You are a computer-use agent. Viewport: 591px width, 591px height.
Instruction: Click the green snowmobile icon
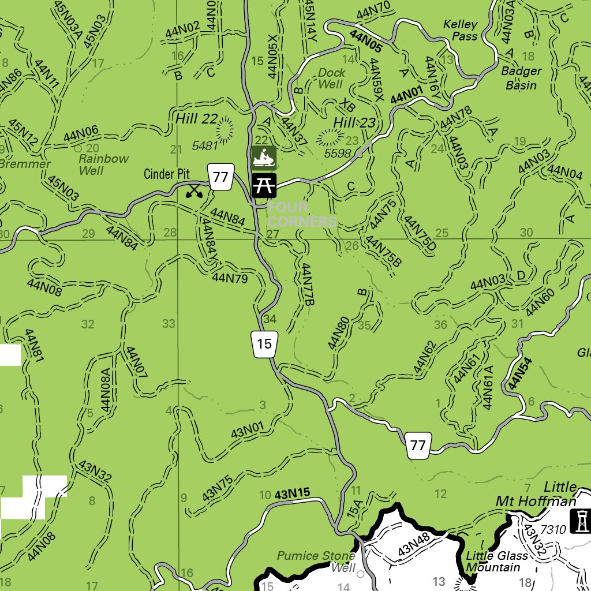tap(264, 158)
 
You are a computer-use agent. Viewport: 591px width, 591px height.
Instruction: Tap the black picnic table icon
tap(264, 185)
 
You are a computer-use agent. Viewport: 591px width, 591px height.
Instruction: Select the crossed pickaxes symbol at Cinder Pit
tap(194, 190)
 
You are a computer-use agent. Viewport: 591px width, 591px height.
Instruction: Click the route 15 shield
tap(264, 344)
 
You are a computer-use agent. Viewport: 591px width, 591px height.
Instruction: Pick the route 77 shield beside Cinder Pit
tap(220, 177)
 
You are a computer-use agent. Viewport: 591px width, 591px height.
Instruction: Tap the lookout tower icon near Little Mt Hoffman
tap(581, 521)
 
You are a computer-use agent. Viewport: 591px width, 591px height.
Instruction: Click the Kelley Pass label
tap(461, 30)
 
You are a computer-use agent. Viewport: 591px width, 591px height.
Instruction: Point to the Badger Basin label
tap(521, 78)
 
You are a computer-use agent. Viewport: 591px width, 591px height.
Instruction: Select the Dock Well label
tap(331, 78)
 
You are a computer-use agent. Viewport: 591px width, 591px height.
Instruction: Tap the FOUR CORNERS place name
tap(302, 215)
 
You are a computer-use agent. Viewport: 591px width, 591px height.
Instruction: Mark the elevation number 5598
tap(338, 153)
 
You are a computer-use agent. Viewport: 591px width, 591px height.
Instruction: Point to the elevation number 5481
tap(205, 145)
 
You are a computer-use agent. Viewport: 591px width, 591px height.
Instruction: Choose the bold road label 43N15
tap(293, 494)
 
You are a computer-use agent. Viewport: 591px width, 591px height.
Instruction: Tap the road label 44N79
tap(230, 278)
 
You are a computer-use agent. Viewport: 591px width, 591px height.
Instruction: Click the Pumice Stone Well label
tap(316, 562)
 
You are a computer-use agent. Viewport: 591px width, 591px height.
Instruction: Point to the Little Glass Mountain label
tap(497, 562)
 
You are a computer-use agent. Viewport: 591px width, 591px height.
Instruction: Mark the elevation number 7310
tap(555, 530)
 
